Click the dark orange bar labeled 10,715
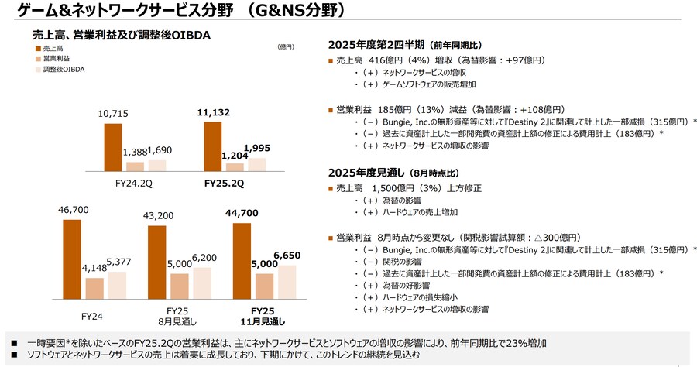coord(113,146)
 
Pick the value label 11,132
coord(213,113)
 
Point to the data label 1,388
coord(135,153)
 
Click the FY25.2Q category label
coord(224,183)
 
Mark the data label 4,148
coord(94,268)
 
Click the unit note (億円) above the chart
coord(285,47)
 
